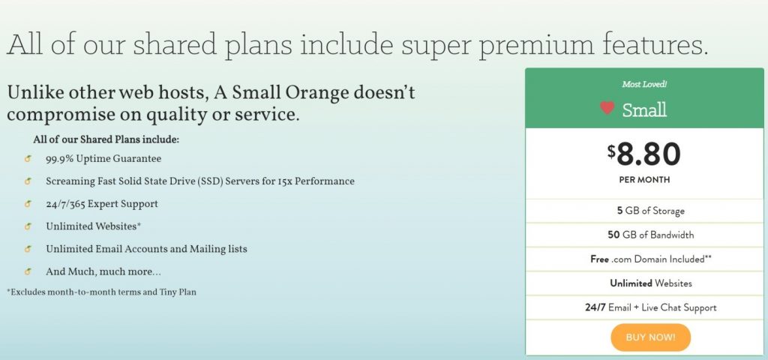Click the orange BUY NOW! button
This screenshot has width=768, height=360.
650,337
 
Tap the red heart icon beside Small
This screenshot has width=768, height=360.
607,108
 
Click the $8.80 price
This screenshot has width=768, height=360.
644,154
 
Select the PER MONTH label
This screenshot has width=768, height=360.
644,180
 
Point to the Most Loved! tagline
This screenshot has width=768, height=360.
644,84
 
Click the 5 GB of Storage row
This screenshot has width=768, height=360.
651,211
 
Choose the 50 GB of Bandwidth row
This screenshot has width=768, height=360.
651,235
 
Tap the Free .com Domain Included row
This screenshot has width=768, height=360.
651,259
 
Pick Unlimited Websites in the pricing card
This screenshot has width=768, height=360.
651,283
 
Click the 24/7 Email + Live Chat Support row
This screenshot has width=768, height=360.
651,307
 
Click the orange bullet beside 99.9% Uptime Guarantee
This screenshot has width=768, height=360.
28,159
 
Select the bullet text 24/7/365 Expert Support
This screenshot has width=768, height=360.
102,204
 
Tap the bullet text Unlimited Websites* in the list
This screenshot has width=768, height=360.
94,226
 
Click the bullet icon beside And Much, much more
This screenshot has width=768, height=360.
28,271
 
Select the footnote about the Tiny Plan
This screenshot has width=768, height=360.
101,292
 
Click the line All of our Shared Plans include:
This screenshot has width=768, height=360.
106,139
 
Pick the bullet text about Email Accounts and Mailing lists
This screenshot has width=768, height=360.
146,249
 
